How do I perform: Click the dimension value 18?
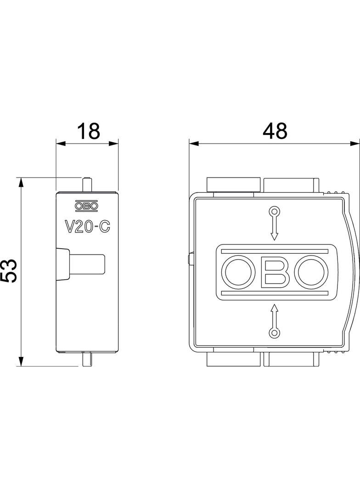pyautogui.click(x=88, y=131)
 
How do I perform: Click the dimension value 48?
pyautogui.click(x=275, y=131)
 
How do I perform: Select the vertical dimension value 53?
pyautogui.click(x=10, y=271)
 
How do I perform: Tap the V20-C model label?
pyautogui.click(x=87, y=227)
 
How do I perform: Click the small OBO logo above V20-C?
pyautogui.click(x=87, y=206)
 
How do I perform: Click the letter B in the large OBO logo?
pyautogui.click(x=274, y=272)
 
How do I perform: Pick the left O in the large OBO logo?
pyautogui.click(x=237, y=272)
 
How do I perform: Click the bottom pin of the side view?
pyautogui.click(x=87, y=359)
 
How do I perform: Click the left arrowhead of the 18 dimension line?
pyautogui.click(x=60, y=144)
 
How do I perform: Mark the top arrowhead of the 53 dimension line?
pyautogui.click(x=20, y=183)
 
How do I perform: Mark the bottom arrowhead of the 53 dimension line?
pyautogui.click(x=20, y=362)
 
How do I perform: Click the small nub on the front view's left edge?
pyautogui.click(x=190, y=260)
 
